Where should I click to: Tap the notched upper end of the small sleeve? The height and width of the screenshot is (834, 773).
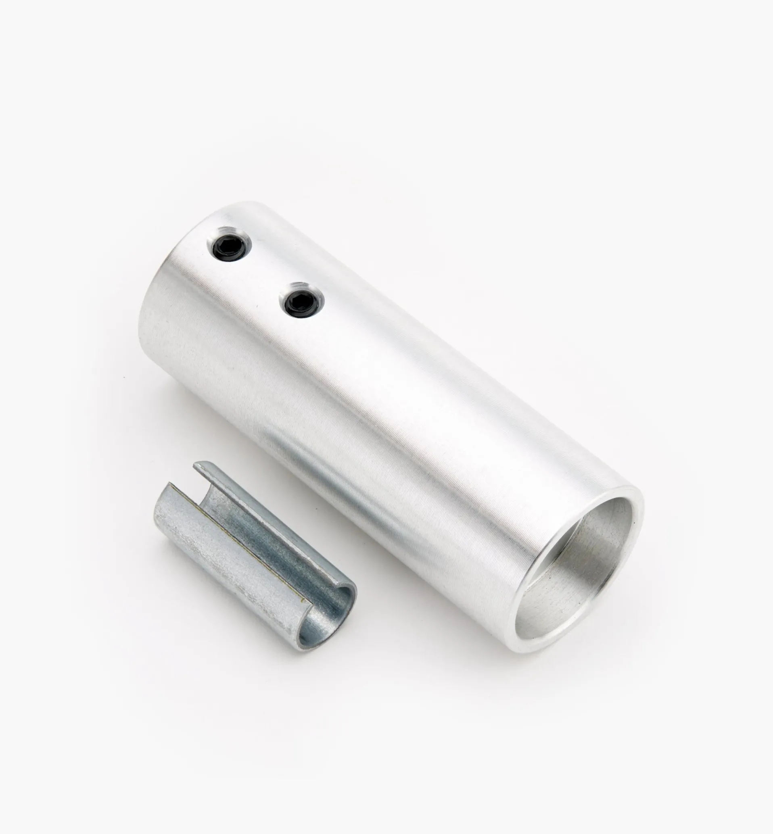tap(184, 481)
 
